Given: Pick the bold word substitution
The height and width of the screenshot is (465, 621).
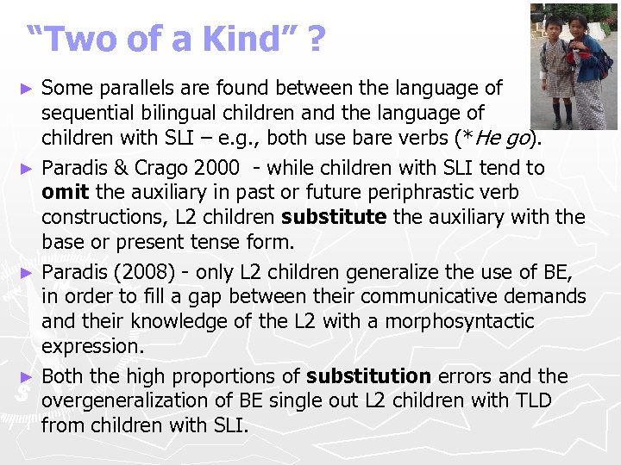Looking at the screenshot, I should pyautogui.click(x=368, y=376).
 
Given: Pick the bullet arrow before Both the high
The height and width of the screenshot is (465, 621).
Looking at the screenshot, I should pyautogui.click(x=28, y=377).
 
